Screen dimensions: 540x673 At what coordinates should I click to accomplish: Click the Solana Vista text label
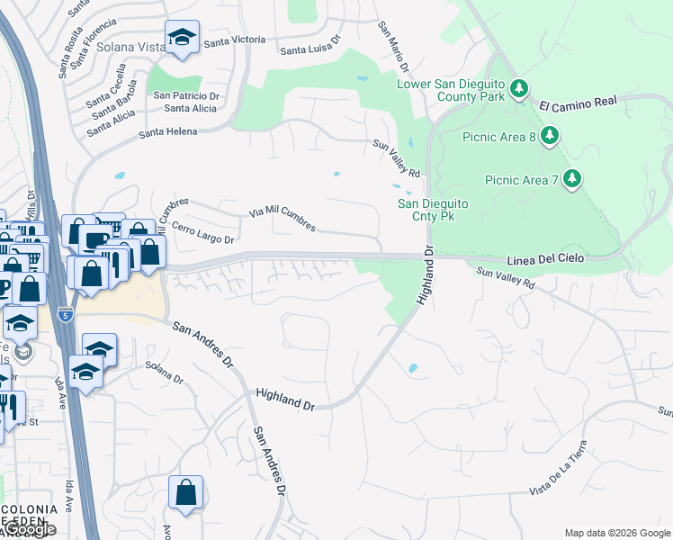(130, 46)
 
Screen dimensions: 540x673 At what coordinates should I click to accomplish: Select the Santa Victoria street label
(235, 40)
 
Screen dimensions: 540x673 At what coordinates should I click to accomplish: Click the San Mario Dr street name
(393, 48)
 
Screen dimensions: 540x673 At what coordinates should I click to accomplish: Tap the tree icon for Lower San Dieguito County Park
(518, 88)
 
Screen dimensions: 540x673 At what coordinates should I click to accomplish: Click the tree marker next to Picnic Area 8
(549, 136)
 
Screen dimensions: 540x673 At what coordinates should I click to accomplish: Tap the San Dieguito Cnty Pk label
(433, 210)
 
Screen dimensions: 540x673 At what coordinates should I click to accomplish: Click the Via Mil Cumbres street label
(283, 220)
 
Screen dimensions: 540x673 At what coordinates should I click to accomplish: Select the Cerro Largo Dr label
(202, 233)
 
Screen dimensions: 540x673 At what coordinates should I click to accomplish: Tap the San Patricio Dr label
(186, 95)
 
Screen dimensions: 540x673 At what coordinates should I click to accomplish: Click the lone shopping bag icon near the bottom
(185, 492)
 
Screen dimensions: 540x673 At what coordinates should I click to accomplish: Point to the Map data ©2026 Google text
(616, 533)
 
